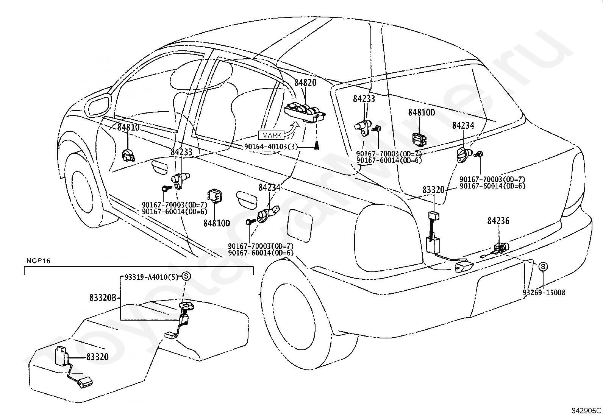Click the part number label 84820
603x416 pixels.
305,83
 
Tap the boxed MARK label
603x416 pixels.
271,135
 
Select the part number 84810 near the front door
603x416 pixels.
128,127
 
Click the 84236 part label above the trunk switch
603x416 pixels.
498,221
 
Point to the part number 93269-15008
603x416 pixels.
544,293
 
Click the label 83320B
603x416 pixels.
103,298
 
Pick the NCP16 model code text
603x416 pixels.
39,261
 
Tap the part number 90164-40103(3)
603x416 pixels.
271,146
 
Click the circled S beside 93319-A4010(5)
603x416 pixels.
186,276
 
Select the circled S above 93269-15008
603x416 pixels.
543,266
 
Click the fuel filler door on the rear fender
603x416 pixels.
300,225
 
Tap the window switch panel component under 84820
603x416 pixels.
305,113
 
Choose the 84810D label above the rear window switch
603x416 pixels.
422,112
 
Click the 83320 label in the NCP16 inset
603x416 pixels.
97,357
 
